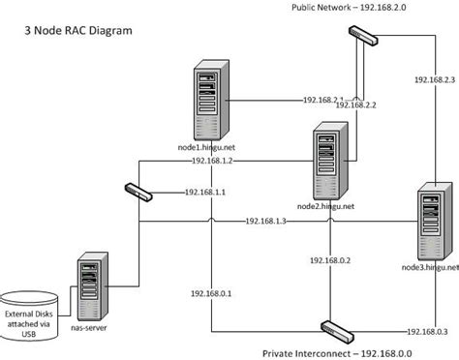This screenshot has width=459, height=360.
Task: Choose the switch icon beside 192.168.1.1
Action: point(138,192)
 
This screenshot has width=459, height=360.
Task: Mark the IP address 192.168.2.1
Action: point(323,100)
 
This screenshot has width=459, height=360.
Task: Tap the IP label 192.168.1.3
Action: point(265,222)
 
